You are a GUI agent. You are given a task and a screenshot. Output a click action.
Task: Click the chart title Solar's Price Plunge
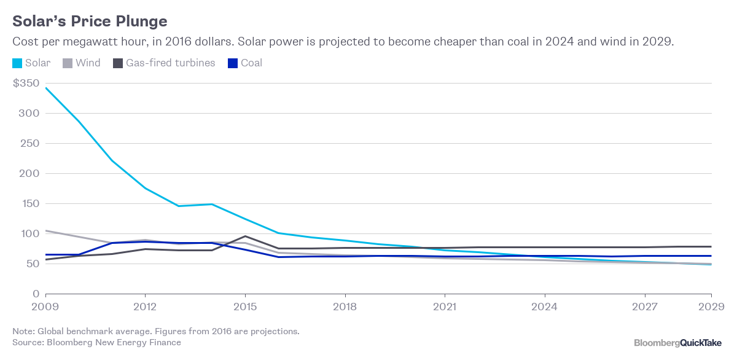point(90,22)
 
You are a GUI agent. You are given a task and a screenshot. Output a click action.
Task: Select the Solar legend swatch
point(18,63)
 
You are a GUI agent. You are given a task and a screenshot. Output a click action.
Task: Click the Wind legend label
point(88,63)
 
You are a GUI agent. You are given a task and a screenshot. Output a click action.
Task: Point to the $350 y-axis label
point(26,83)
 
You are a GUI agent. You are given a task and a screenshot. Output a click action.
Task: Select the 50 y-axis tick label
point(33,264)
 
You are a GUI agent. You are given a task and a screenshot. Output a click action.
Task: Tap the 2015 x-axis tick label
point(245,305)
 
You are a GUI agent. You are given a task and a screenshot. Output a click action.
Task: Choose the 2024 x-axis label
point(545,305)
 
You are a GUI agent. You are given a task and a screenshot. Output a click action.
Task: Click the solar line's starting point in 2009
point(45,88)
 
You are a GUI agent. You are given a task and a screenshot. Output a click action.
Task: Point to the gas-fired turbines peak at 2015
point(245,236)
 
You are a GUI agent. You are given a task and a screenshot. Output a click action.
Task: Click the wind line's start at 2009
point(45,231)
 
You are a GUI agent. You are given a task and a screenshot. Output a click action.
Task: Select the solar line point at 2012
point(145,188)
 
